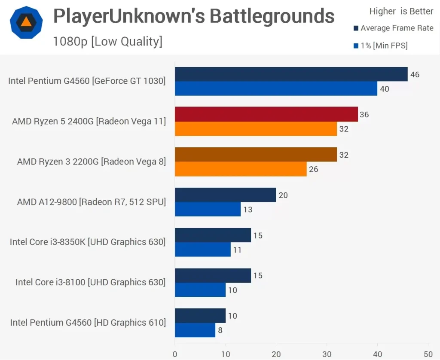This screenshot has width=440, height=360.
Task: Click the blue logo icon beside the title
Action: pos(26,22)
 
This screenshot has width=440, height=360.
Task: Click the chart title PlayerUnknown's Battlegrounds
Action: pos(193,16)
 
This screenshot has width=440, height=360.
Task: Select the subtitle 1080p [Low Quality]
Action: pos(107,41)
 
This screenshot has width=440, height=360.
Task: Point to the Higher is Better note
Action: pos(401,12)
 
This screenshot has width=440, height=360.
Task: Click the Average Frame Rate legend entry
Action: pos(393,28)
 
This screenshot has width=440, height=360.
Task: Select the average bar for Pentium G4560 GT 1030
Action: pos(291,74)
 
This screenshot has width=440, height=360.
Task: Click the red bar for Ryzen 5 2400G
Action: pos(266,114)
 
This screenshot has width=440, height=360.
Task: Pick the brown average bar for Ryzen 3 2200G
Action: pos(256,155)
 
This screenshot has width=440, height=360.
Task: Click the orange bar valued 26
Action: pos(241,169)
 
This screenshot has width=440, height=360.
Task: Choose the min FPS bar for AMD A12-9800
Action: pos(208,210)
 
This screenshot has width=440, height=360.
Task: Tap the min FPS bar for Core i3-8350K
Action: pos(202,250)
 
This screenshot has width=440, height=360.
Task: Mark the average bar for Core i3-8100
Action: pos(213,275)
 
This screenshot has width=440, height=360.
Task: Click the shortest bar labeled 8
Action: pos(195,330)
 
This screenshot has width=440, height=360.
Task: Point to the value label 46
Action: pos(415,75)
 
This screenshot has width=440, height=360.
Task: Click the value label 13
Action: pos(247,210)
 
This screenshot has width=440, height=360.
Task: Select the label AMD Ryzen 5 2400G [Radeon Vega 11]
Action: pos(89,122)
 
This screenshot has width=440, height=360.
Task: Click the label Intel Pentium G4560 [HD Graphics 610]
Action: pos(88,323)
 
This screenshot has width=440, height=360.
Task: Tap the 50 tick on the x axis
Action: pos(428,354)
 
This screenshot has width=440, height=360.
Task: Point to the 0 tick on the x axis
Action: pos(175,354)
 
